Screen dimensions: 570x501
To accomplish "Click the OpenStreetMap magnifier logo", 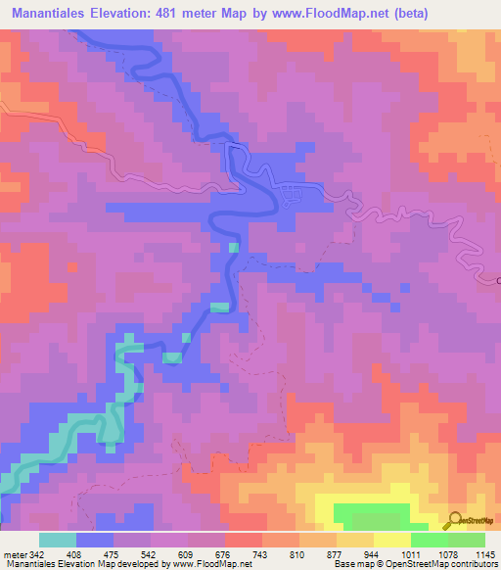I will tap(454, 521).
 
